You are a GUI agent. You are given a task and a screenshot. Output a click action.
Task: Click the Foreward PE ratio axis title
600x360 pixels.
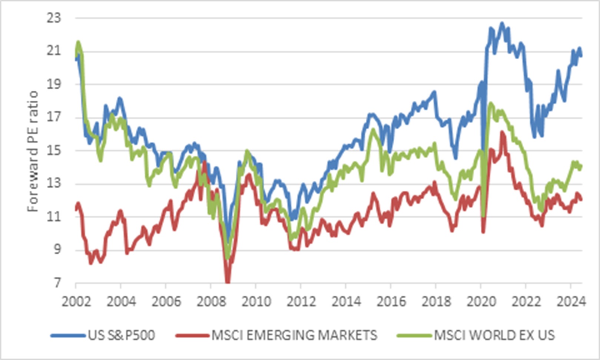click(x=33, y=151)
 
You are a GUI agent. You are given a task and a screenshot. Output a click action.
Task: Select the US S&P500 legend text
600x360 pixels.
click(x=121, y=336)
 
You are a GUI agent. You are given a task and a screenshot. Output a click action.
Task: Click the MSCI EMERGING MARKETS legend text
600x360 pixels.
click(x=294, y=336)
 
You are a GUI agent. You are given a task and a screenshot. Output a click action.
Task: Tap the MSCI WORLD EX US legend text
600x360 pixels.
click(x=494, y=336)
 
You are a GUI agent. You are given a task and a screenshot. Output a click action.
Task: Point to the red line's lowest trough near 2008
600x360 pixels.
click(x=228, y=281)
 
